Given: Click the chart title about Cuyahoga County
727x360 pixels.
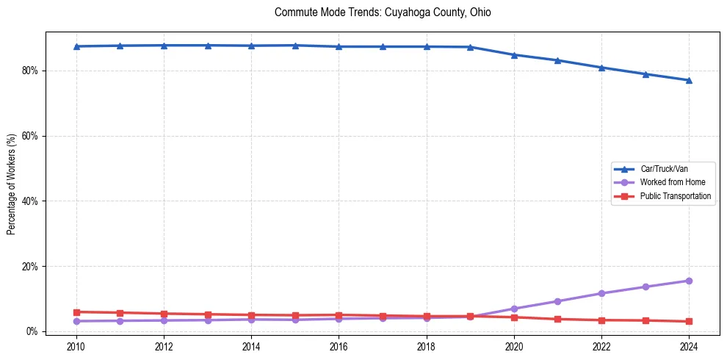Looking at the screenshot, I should coord(383,12).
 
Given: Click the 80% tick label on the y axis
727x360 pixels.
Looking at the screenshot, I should coord(30,71).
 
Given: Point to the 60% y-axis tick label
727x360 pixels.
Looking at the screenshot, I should coord(30,136).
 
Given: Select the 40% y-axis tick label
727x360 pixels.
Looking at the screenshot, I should coord(30,201).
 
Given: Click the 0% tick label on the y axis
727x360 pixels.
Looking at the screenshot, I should coord(32,331).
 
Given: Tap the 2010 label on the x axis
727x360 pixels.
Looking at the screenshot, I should coord(76,346).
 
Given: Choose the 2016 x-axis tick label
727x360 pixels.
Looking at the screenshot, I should coord(339,346).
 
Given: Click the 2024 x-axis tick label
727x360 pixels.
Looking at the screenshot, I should coord(689,346).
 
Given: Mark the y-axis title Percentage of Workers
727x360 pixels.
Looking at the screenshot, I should coord(12,184).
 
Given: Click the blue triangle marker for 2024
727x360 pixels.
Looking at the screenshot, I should coord(689,80).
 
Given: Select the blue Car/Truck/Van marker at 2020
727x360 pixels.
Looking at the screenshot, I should coord(514,55).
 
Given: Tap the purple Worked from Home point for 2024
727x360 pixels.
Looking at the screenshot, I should coord(689,281).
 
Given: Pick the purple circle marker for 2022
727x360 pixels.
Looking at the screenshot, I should coord(601,293).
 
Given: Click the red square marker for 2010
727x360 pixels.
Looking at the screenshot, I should coord(76,312).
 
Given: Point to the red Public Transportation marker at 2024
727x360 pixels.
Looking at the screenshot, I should coord(689,321).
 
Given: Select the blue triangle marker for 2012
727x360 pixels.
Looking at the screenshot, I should coord(164,46).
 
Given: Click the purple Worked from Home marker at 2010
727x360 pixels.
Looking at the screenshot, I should coord(76,321).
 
